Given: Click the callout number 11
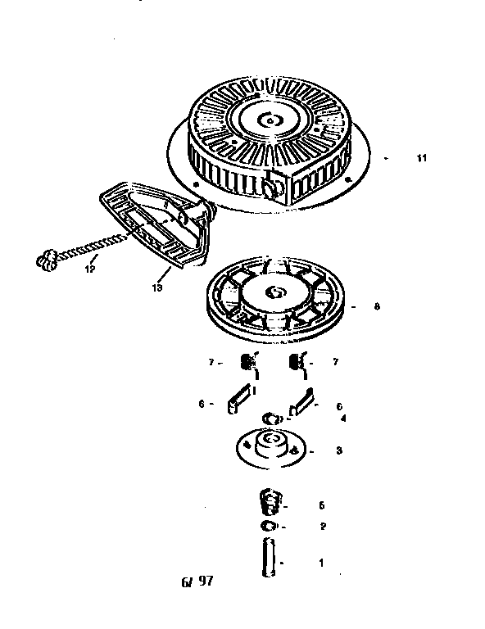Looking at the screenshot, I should click(421, 158).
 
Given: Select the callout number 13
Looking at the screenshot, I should click(156, 287).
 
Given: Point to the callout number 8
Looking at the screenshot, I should click(376, 307).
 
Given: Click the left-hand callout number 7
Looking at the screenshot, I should click(211, 361).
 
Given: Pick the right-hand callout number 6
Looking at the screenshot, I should click(338, 405).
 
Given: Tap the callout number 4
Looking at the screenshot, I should click(343, 418).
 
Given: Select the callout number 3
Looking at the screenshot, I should click(338, 450).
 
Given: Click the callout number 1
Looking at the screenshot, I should click(321, 563).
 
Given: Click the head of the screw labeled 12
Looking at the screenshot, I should click(47, 261).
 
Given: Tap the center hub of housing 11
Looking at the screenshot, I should click(268, 120).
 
